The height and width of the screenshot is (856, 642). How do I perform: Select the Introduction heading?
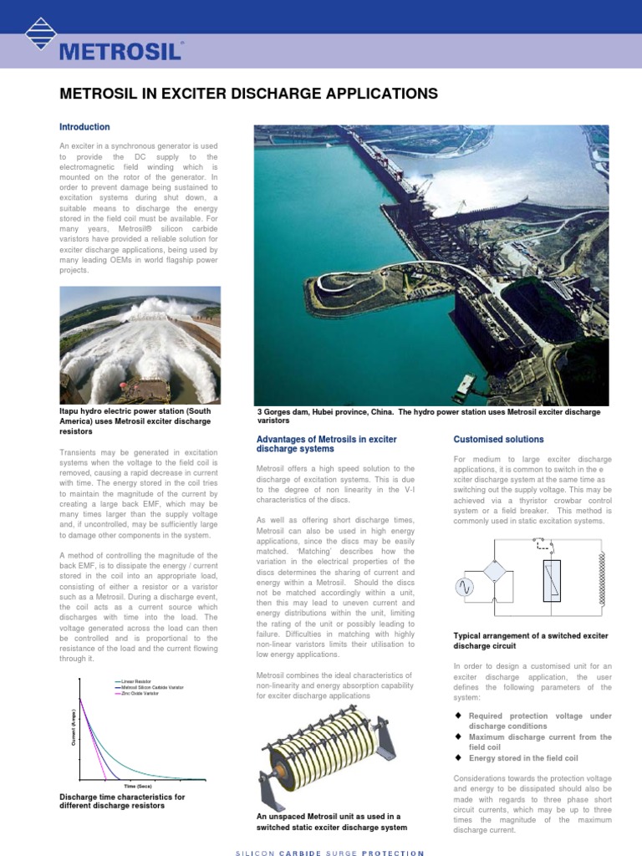tap(84, 127)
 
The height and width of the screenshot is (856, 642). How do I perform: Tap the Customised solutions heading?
tap(498, 439)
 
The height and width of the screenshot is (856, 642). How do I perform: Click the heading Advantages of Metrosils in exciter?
tap(326, 440)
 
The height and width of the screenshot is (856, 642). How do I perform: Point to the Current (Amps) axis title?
tap(73, 726)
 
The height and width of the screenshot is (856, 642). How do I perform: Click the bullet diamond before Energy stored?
tap(458, 758)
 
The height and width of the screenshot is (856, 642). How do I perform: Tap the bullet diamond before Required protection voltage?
tap(458, 716)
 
